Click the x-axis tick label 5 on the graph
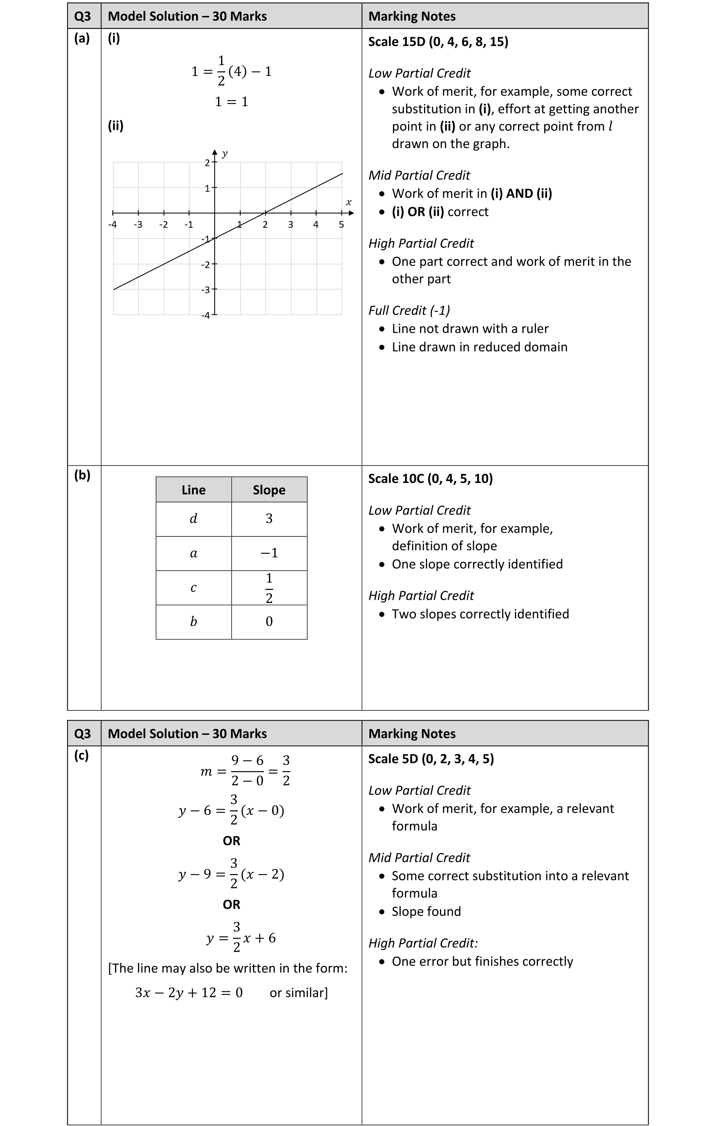point(341,224)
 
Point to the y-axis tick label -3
point(206,290)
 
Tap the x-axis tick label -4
point(112,224)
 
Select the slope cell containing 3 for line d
point(269,519)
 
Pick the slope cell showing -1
point(269,553)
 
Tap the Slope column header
point(269,490)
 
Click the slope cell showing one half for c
point(269,588)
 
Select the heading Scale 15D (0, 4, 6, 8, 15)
point(438,42)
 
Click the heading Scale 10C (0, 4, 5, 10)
point(430,478)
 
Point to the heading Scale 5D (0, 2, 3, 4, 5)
point(431,759)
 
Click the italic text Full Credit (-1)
point(409,311)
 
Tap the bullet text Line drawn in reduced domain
point(479,347)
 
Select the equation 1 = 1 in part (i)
point(232,101)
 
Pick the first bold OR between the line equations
point(232,841)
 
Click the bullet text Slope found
point(426,911)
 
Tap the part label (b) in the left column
point(82,475)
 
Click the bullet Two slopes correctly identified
point(480,614)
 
